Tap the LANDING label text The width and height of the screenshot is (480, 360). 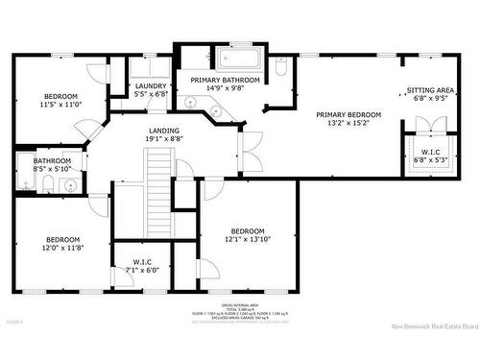pos(164,131)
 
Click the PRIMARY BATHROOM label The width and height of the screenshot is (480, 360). pos(224,80)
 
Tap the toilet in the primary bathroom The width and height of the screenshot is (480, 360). pos(280,68)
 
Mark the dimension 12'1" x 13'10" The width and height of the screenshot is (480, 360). pos(246,239)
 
